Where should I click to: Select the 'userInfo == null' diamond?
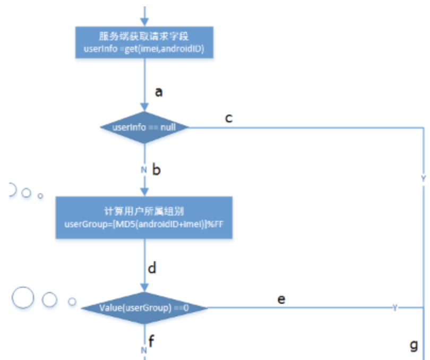144,127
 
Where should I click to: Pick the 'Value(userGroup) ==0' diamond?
144,308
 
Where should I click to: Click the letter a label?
158,92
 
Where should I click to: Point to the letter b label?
157,170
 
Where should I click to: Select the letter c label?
229,117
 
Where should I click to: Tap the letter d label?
152,268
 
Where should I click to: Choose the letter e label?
281,299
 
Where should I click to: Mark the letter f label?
151,340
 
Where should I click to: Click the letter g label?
414,346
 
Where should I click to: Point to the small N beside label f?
144,350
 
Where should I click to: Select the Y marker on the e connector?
395,308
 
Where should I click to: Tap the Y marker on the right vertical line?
423,179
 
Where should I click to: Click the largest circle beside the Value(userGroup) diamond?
23,298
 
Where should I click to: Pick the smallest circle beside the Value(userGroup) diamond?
72,302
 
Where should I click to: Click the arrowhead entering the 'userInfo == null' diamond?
144,108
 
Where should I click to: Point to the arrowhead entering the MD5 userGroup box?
144,193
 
